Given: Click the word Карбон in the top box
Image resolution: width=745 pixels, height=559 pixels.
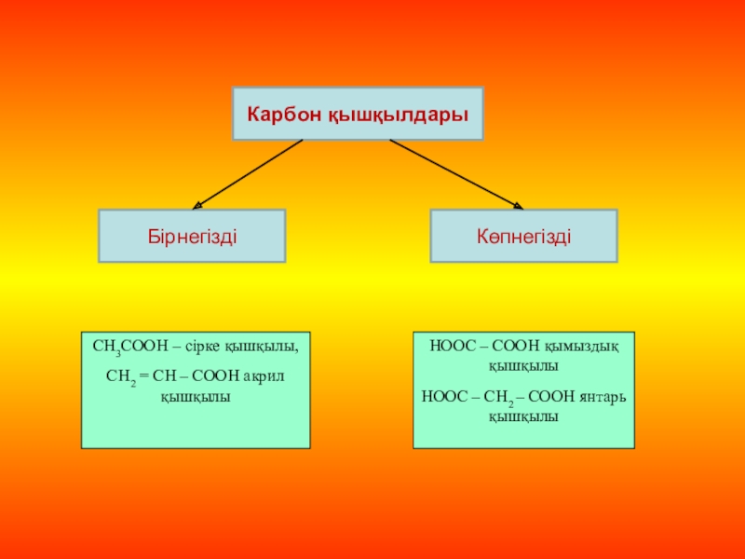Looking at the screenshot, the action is tap(283, 114).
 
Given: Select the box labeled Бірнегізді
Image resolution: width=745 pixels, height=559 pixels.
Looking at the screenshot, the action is tap(192, 235).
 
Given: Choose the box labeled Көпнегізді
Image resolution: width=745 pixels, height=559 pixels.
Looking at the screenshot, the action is tap(523, 235).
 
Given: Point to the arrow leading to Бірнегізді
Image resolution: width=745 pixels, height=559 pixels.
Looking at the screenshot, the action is tap(248, 173).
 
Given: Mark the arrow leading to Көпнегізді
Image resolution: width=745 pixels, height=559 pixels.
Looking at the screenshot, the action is tap(455, 173).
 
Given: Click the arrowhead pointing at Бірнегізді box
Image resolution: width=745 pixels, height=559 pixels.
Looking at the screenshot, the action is tap(198, 204).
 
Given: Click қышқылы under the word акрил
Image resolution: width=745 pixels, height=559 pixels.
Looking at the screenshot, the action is tap(195, 396).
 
